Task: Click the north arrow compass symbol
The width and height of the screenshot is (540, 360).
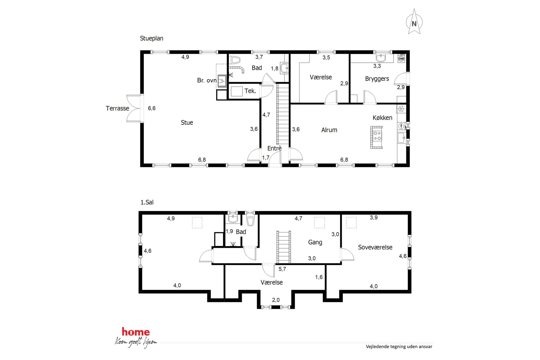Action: (414, 22)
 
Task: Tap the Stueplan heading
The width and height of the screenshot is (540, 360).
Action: (152, 38)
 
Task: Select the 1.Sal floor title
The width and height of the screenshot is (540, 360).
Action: (147, 202)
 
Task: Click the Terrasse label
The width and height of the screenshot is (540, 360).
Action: (117, 108)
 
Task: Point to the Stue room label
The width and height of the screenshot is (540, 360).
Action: (187, 122)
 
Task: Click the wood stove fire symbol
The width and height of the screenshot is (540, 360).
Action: (222, 81)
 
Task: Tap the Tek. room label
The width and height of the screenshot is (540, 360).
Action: (250, 91)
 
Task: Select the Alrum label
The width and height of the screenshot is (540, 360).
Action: (329, 130)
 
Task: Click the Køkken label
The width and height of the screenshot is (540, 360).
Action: (382, 118)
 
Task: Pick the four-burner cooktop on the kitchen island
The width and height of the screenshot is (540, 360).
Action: (377, 136)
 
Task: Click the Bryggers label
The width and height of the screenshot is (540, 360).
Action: (377, 79)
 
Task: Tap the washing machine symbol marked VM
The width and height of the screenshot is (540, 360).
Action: (401, 59)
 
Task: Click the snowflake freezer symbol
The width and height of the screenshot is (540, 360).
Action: (401, 109)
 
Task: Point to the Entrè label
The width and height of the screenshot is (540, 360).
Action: (274, 148)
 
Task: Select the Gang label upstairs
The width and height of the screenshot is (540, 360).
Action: (315, 242)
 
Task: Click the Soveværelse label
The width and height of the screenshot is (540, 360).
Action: (375, 247)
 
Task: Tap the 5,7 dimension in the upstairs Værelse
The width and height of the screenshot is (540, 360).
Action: (282, 269)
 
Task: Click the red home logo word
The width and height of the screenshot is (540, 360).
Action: (136, 332)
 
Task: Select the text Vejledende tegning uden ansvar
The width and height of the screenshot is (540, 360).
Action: (399, 346)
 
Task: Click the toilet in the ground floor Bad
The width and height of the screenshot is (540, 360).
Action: (235, 60)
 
